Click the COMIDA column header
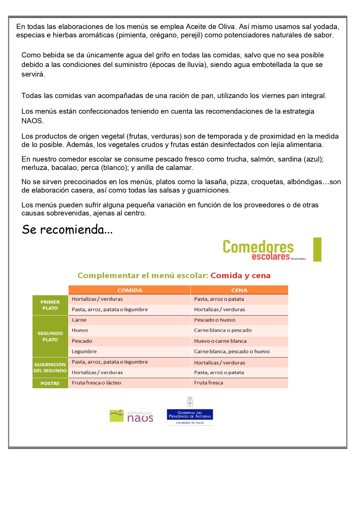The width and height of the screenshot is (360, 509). click(130, 290)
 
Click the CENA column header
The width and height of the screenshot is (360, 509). click(239, 290)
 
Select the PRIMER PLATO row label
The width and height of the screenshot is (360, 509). click(50, 305)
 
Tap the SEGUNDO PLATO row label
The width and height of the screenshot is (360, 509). click(50, 336)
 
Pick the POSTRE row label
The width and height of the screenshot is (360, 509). click(50, 383)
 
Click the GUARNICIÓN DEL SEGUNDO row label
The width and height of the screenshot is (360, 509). click(50, 367)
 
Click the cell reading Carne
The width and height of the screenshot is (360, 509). click(79, 320)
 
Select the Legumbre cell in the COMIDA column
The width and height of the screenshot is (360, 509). click(84, 352)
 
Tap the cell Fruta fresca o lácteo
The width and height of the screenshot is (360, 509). click(96, 383)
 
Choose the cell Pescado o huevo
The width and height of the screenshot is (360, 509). click(215, 320)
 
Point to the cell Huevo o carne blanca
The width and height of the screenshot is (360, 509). click(220, 341)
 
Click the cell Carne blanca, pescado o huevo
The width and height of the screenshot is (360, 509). click(232, 352)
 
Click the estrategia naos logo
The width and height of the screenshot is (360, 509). click(131, 416)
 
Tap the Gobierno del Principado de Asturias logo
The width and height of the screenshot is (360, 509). click(190, 415)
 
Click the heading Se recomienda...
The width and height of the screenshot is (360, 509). click(67, 230)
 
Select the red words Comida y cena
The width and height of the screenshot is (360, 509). click(240, 276)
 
